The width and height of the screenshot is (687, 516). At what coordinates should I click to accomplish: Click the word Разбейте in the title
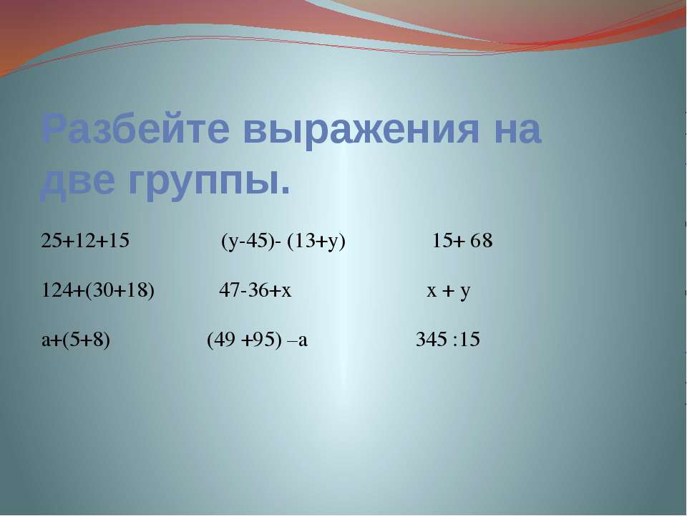pos(136,130)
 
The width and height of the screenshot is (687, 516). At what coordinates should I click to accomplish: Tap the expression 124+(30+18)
pos(98,291)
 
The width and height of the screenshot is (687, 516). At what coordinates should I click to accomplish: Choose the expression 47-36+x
pos(255,291)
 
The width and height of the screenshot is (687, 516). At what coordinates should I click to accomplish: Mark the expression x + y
pos(448,291)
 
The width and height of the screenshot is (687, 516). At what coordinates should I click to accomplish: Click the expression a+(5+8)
pos(77,340)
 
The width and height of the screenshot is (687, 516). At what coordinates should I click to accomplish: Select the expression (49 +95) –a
pos(258,340)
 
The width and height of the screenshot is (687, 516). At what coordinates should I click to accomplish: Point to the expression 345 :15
pos(448,340)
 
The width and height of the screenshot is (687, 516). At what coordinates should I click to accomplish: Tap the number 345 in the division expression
pos(430,340)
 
